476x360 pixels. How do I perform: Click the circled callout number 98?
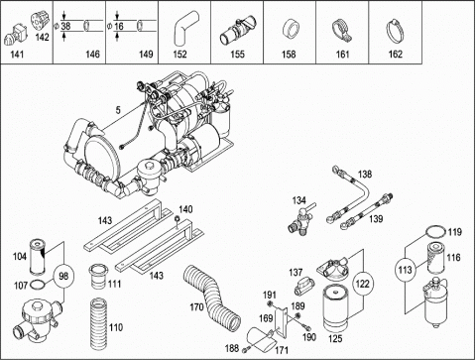63,276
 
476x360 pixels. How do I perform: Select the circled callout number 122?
363,284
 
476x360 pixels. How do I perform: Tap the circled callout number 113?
405,270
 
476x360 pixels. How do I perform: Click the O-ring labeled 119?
435,231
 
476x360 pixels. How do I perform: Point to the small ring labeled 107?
38,284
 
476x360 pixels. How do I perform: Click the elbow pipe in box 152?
185,28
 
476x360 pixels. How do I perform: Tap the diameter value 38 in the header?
65,26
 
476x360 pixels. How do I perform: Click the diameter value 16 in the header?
119,26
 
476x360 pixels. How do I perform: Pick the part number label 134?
299,200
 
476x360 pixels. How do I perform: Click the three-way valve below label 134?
300,219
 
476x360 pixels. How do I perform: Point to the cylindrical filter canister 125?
335,308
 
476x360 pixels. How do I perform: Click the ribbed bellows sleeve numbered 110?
98,324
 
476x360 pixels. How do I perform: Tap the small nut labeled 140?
177,218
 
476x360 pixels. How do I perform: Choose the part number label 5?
118,110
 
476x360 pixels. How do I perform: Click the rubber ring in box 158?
290,30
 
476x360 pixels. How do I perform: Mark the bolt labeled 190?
307,328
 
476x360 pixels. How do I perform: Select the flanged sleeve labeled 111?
98,277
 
